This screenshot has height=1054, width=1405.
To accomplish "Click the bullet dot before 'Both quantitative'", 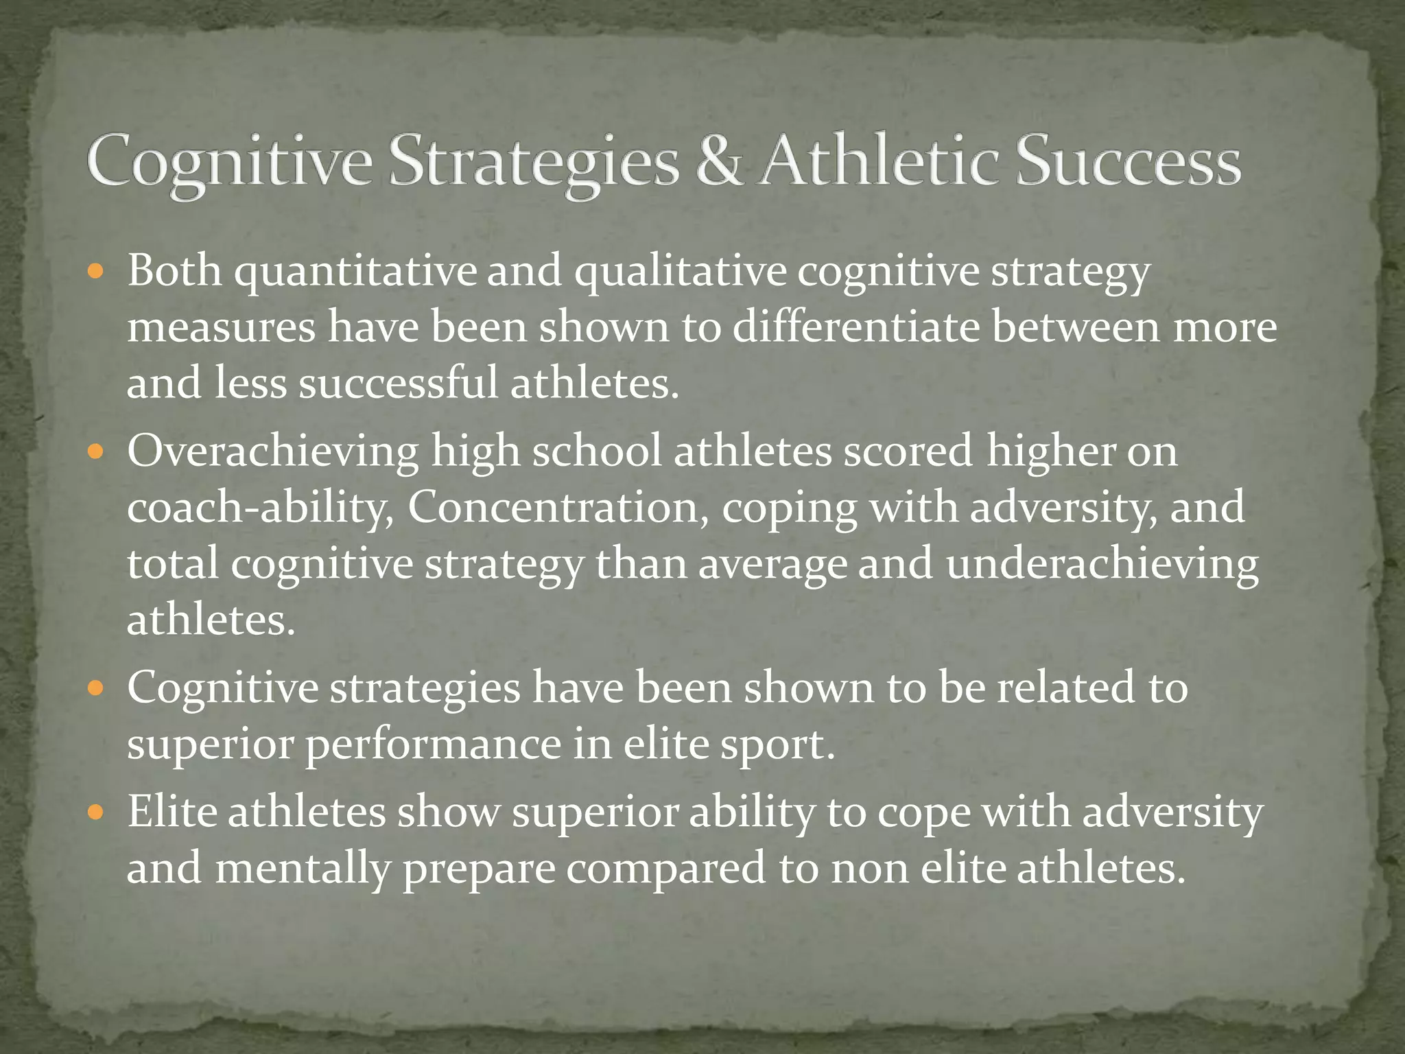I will (96, 272).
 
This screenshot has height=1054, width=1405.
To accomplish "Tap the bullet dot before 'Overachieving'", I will (96, 453).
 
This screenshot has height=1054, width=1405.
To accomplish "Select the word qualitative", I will (680, 272).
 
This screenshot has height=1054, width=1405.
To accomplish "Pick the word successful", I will (398, 383).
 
